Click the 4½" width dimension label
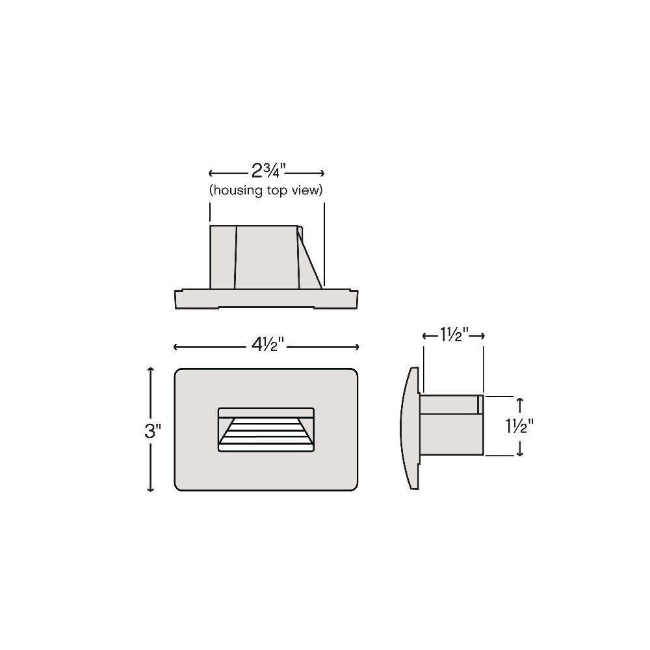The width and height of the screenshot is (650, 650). [268, 344]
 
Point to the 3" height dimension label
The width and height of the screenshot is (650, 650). [153, 431]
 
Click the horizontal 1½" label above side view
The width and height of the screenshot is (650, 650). [454, 335]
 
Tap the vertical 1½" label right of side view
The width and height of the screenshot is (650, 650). [519, 426]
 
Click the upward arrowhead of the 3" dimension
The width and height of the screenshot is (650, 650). [151, 370]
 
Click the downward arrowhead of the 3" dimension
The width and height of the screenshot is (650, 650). [151, 489]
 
